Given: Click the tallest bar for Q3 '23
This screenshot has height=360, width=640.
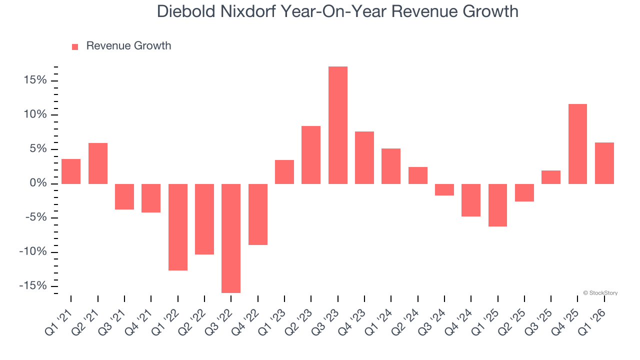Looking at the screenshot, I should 337,125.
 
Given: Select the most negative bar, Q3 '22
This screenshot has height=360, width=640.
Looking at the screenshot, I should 231,238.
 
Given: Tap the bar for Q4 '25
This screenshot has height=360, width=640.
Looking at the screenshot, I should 577,144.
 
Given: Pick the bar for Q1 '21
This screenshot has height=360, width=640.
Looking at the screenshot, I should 71,171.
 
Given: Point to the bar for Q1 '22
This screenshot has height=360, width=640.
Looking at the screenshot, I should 178,227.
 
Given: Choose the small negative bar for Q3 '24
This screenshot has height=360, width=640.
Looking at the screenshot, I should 444,189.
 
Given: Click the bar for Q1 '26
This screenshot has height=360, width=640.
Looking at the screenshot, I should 604,163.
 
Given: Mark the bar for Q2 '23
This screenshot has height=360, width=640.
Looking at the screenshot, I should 311,155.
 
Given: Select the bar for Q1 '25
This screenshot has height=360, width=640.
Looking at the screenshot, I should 497,205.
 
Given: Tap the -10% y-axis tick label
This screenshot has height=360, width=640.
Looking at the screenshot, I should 33,251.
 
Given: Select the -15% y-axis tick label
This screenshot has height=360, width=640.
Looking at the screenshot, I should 33,285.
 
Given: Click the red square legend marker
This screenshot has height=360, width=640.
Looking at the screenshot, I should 75,46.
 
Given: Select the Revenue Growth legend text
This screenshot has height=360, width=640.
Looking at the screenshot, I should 128,46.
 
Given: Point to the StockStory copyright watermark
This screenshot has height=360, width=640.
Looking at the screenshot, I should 600,293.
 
